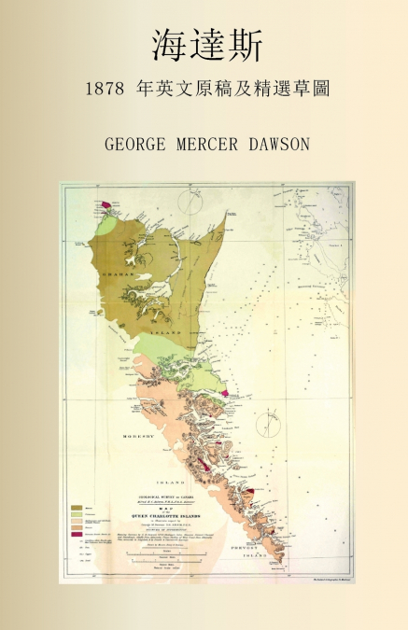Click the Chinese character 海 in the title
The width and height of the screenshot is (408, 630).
(x=169, y=46)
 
